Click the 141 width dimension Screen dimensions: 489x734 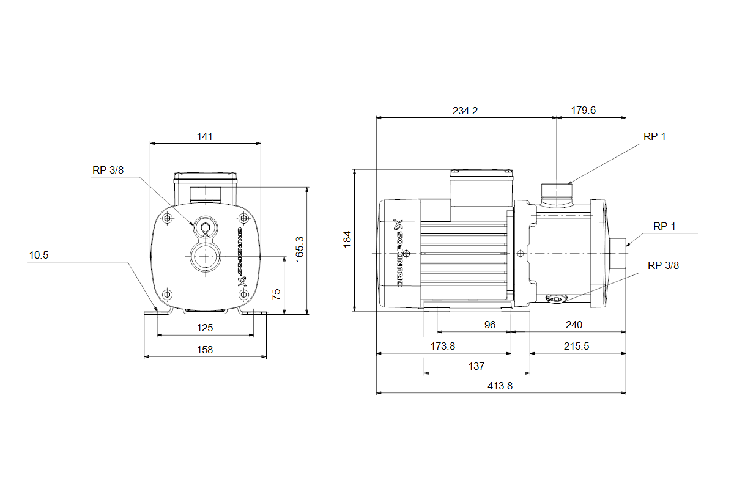tap(205, 136)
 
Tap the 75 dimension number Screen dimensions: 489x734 tap(276, 293)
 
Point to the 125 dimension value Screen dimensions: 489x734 tap(205, 328)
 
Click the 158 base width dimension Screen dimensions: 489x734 tap(205, 350)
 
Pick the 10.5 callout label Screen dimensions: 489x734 tap(38, 256)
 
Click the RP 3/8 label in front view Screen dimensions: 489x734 tap(108, 171)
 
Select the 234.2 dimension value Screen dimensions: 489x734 tap(465, 111)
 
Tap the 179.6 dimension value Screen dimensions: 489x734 tap(584, 111)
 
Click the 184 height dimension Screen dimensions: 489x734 tap(347, 240)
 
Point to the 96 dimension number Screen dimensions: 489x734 tap(490, 325)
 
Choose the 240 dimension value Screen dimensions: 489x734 tap(574, 325)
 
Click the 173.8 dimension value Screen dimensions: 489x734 tap(443, 346)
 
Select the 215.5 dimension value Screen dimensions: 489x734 tap(576, 346)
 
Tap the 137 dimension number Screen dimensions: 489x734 tap(476, 366)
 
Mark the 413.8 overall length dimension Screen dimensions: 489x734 tap(500, 386)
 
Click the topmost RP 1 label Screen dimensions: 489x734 tap(654, 136)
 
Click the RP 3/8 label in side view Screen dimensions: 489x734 tap(664, 265)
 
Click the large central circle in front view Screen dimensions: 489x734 tap(205, 256)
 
